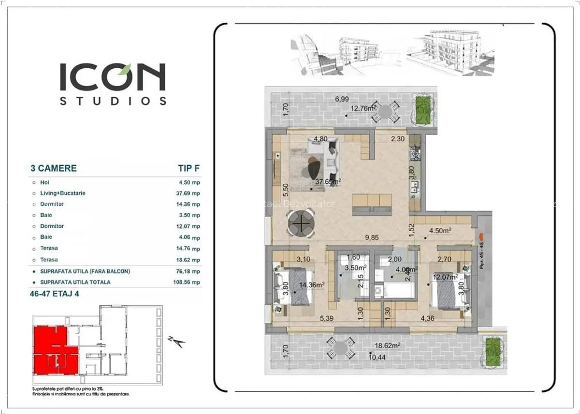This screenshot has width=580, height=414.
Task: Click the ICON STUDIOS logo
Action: click(113, 83)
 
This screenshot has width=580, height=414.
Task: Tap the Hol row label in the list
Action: click(44, 182)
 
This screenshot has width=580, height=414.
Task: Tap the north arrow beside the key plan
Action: click(177, 341)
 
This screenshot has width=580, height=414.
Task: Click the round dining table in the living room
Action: click(301, 224)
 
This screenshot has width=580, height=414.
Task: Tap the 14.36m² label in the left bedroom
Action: click(311, 285)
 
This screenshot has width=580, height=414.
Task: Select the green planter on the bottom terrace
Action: click(493, 349)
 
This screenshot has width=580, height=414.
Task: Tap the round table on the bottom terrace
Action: click(341, 348)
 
